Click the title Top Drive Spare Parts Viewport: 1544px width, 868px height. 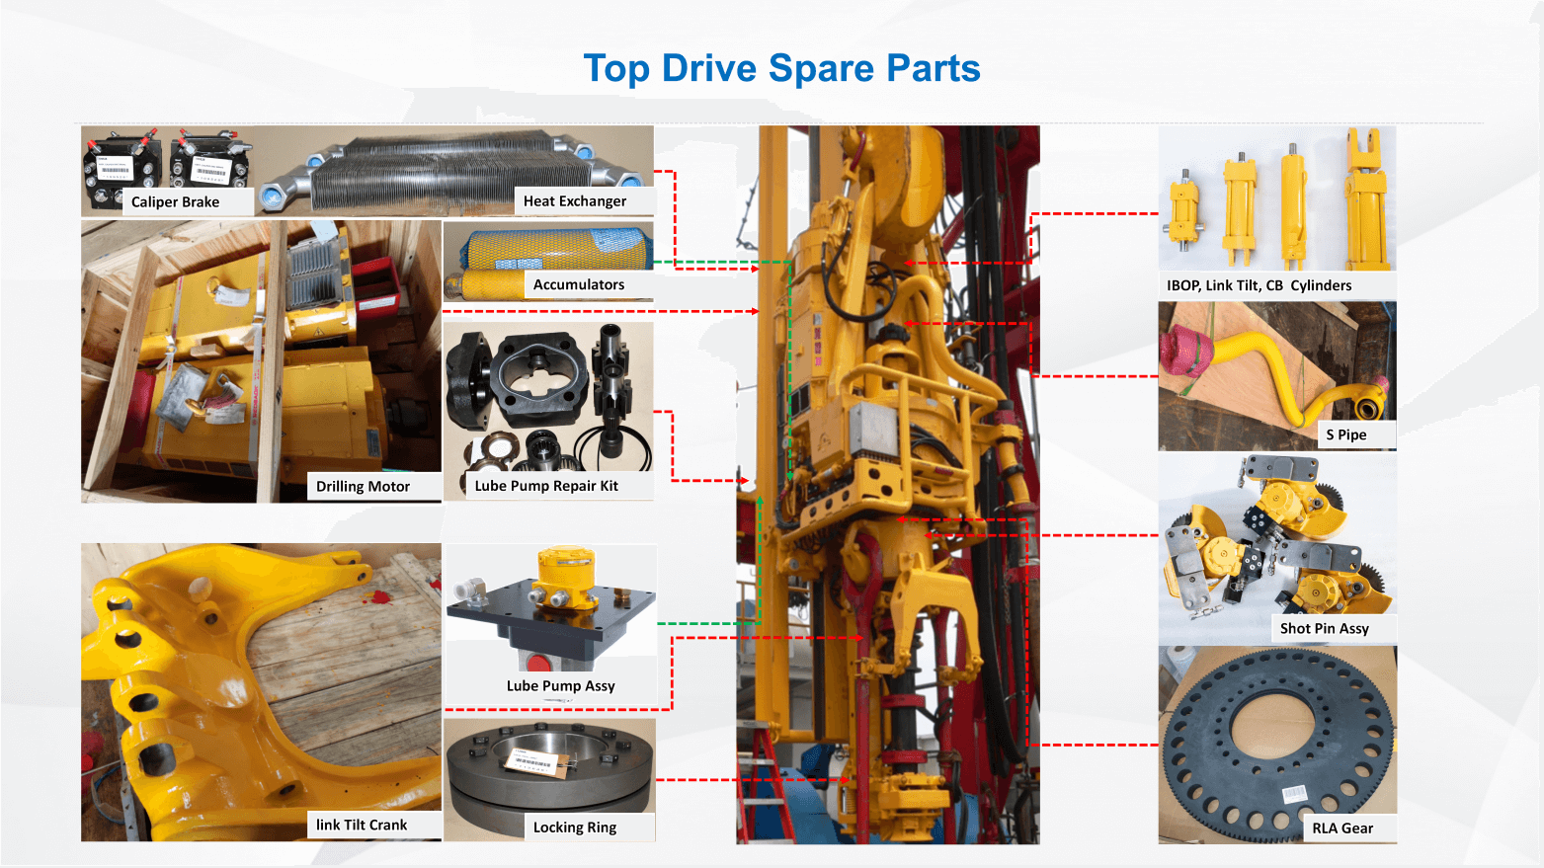pyautogui.click(x=781, y=68)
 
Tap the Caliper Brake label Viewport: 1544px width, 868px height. pyautogui.click(x=175, y=201)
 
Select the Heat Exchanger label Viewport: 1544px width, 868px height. pyautogui.click(x=574, y=201)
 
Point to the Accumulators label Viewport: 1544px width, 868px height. pyautogui.click(x=578, y=284)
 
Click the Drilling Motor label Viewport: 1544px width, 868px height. pyautogui.click(x=363, y=487)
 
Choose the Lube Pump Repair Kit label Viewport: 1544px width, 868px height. pyautogui.click(x=546, y=486)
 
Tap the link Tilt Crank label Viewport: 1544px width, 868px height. pyautogui.click(x=362, y=825)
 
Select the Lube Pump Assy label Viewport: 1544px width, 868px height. pyautogui.click(x=560, y=686)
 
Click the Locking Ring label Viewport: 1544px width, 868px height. pyautogui.click(x=574, y=828)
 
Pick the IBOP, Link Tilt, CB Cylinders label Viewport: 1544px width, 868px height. pyautogui.click(x=1259, y=285)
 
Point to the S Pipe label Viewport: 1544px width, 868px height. pyautogui.click(x=1346, y=434)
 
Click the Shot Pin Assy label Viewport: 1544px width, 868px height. pyautogui.click(x=1324, y=628)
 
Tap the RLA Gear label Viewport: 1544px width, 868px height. pyautogui.click(x=1342, y=829)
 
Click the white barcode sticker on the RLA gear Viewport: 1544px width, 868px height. pyautogui.click(x=1294, y=794)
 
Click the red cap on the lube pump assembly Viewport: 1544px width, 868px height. pyautogui.click(x=538, y=664)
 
